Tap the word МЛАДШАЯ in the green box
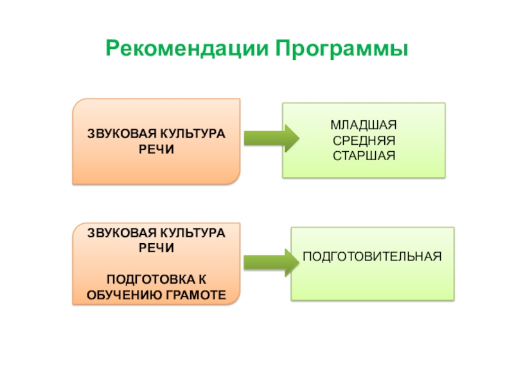click(x=364, y=125)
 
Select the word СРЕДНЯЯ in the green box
click(x=364, y=140)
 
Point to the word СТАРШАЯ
click(x=364, y=156)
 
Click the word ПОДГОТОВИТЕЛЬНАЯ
click(x=373, y=256)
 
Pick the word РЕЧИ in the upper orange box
click(x=156, y=149)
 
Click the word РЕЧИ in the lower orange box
click(x=156, y=247)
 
